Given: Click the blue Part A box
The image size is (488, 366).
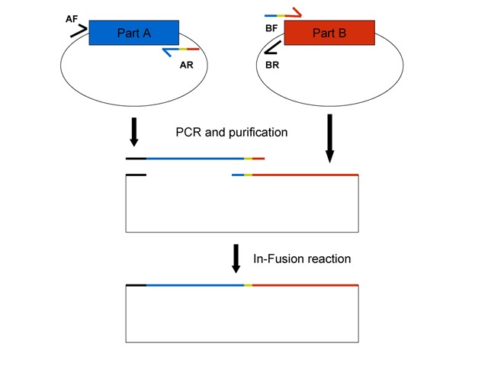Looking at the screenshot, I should pos(134,32).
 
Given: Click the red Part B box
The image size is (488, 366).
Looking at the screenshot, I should pos(329,33).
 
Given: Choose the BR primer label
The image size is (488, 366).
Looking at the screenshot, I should pos(271,66).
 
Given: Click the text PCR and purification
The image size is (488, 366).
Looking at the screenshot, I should pos(232,132).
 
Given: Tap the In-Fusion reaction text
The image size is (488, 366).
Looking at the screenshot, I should pos(302,258).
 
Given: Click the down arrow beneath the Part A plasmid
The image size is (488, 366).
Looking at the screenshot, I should pos(134,130).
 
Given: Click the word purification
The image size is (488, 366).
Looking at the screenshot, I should pos(257,132).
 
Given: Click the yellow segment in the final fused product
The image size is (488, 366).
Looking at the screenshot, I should pos(248,285).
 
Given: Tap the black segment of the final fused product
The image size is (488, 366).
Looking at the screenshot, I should pos(136,285).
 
